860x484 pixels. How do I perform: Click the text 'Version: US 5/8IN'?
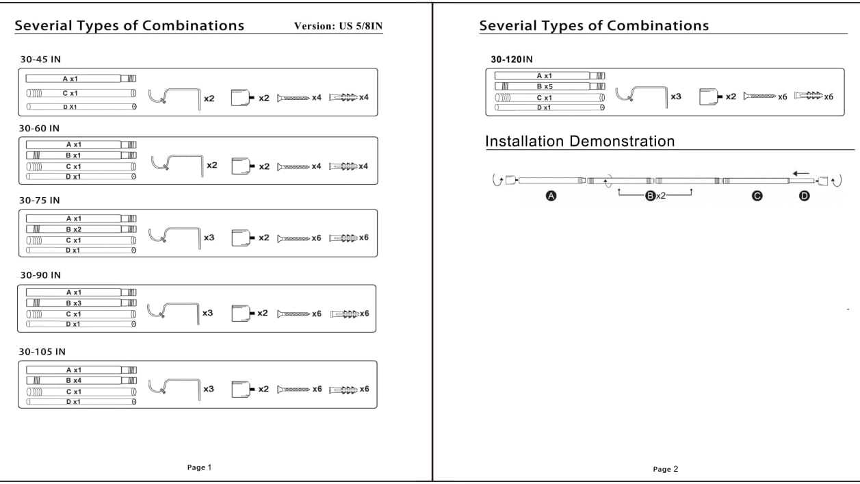click(338, 26)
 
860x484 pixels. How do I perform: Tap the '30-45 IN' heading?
click(40, 59)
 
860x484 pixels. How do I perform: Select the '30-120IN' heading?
click(511, 59)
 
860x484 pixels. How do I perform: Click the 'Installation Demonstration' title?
click(579, 141)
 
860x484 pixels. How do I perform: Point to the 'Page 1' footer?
click(199, 467)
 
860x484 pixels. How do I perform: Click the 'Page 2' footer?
click(665, 469)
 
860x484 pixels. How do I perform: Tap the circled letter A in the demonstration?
click(551, 196)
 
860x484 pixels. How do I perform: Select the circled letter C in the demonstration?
click(757, 196)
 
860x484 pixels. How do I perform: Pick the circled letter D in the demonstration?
click(805, 196)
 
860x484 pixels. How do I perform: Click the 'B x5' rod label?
click(545, 86)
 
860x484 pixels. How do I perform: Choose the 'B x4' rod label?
click(73, 381)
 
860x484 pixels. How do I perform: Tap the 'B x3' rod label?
click(73, 303)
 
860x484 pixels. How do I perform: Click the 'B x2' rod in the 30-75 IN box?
click(81, 229)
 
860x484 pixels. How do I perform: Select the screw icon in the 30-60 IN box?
click(294, 167)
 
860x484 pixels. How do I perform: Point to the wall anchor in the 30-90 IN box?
click(344, 314)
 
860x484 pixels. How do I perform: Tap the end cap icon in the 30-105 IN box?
click(243, 389)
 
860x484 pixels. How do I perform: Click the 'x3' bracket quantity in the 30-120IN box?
click(676, 97)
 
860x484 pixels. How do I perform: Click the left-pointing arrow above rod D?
click(801, 174)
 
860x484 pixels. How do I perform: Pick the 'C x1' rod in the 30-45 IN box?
click(81, 93)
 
